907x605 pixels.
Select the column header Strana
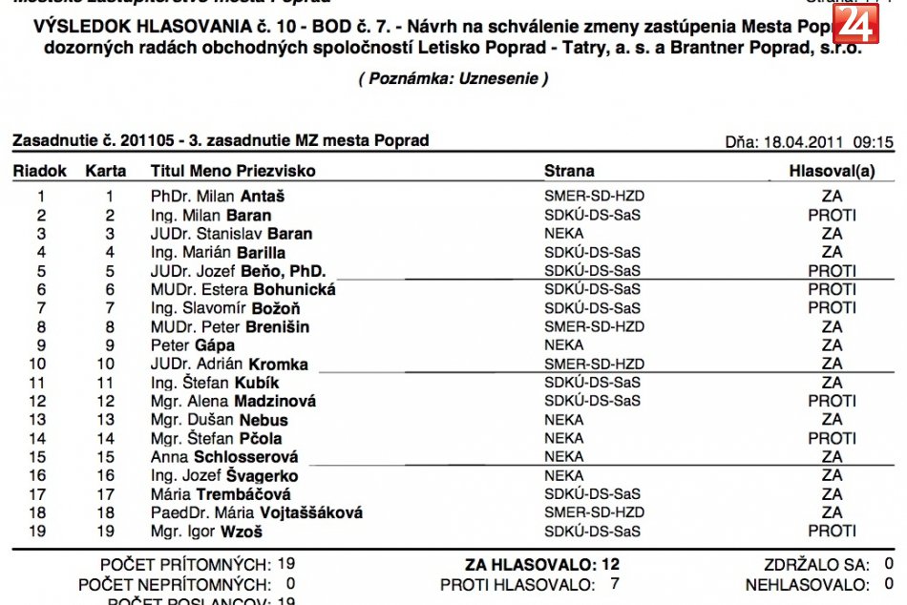[x=569, y=171]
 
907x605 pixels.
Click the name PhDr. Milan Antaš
[x=218, y=197]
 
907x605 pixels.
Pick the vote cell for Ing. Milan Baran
[x=832, y=215]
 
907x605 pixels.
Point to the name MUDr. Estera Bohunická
[x=243, y=289]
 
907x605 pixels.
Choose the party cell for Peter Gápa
[x=563, y=345]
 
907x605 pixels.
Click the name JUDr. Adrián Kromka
[x=230, y=364]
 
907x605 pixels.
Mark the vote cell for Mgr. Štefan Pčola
[x=832, y=439]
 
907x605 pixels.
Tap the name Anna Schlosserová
[x=224, y=457]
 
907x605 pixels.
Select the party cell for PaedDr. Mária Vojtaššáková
[x=594, y=512]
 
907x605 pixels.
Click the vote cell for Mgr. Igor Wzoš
[x=832, y=532]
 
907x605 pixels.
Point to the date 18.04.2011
[x=803, y=142]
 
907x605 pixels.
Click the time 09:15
[x=873, y=142]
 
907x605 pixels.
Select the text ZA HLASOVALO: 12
[x=541, y=565]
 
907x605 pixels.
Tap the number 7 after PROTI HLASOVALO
[x=614, y=584]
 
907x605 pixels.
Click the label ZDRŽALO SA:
[x=814, y=565]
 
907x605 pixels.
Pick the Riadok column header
[x=39, y=171]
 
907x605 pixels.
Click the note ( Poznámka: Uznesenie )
[x=453, y=79]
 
